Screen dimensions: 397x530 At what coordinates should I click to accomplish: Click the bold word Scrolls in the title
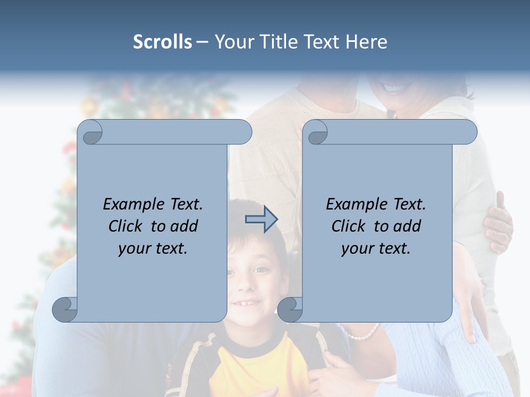coord(162,42)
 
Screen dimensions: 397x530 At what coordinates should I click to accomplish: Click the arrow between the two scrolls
coord(262,219)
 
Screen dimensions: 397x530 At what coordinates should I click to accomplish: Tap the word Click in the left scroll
coord(127,226)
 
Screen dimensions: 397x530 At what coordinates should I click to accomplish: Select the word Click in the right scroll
coord(350,226)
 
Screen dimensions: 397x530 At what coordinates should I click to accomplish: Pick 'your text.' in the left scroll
coord(153,249)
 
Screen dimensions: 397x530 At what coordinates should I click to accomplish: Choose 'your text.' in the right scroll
coord(376,249)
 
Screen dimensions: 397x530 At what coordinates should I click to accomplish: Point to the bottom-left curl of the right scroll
coord(290,309)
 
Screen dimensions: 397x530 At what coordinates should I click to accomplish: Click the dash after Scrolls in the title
coord(202,42)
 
